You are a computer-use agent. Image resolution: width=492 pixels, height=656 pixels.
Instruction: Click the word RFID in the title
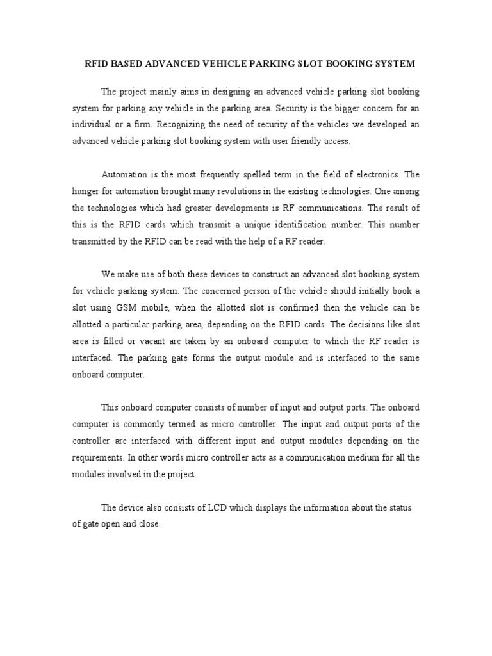coord(97,64)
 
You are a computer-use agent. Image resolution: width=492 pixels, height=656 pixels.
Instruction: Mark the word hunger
coord(85,191)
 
